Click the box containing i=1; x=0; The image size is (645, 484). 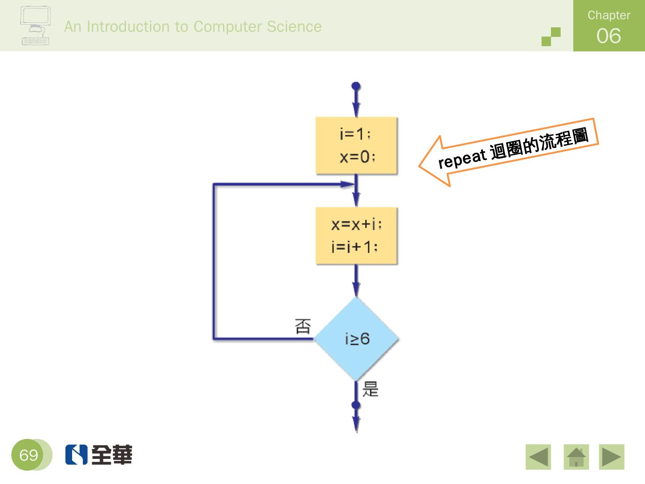[x=356, y=146]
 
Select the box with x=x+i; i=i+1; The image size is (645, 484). [x=356, y=236]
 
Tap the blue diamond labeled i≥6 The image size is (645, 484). [x=356, y=339]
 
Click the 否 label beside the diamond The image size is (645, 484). [x=303, y=326]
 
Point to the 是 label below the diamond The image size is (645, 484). [x=370, y=389]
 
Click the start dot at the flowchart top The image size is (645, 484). [x=356, y=86]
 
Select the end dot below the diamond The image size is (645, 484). [x=356, y=406]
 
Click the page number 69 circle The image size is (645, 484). [x=29, y=455]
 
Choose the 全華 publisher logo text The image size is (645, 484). [x=112, y=455]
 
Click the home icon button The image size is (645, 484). [x=576, y=457]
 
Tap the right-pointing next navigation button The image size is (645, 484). [x=611, y=457]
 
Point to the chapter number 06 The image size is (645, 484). [x=609, y=36]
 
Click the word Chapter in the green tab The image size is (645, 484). [x=609, y=15]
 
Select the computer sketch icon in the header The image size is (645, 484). [x=35, y=26]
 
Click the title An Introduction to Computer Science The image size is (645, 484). [x=193, y=26]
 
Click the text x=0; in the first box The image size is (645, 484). [x=357, y=157]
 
